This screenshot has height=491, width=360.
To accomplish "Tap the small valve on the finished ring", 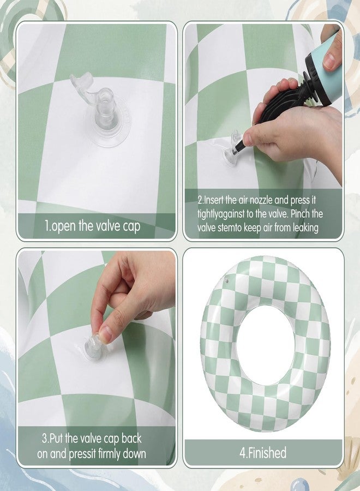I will pyautogui.click(x=226, y=281).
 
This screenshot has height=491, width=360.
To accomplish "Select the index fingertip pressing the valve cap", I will pyautogui.click(x=105, y=334).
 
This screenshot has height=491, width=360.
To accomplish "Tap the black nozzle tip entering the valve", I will pyautogui.click(x=239, y=146).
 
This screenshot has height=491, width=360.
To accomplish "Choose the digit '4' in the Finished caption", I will pyautogui.click(x=243, y=452).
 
